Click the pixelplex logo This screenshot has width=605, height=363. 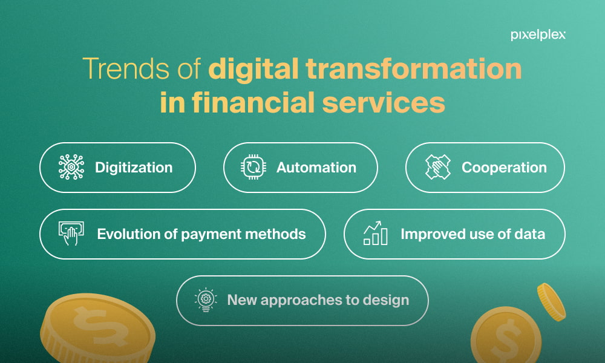tap(538, 35)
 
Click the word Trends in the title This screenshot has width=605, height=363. tap(126, 68)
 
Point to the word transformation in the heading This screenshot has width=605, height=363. tap(414, 68)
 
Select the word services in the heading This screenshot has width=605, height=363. tap(384, 103)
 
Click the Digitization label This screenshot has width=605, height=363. tap(134, 168)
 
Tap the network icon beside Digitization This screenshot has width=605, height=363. tap(71, 167)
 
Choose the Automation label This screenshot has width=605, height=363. tap(316, 168)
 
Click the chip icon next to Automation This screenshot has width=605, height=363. tap(253, 167)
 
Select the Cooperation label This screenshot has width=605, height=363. tap(504, 168)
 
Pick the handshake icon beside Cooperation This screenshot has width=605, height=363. tap(438, 167)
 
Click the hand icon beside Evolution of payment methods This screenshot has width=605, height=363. tap(71, 234)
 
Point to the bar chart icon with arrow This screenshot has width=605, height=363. tap(375, 233)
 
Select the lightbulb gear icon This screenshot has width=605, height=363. tap(206, 299)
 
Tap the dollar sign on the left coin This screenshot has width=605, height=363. tap(100, 326)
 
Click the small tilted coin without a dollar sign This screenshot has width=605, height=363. tap(551, 302)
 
